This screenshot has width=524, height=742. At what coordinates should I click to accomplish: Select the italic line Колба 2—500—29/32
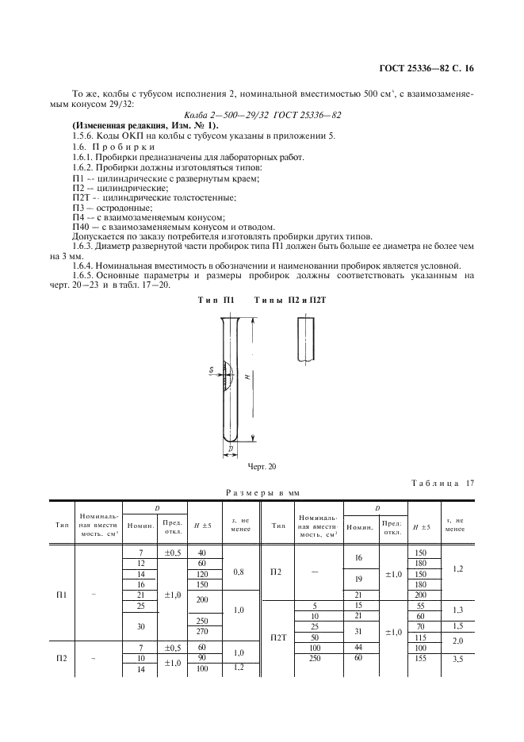click(x=262, y=116)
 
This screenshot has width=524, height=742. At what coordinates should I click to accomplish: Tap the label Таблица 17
click(x=442, y=482)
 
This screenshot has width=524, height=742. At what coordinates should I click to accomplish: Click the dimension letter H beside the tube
click(x=247, y=377)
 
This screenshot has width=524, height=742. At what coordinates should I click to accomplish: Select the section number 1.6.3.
click(x=86, y=245)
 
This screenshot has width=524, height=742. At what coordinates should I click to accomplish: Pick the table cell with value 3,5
click(x=454, y=659)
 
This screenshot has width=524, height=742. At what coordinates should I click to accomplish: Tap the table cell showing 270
click(x=202, y=632)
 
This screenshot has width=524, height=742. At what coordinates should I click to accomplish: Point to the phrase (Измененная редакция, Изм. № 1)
click(x=145, y=125)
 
